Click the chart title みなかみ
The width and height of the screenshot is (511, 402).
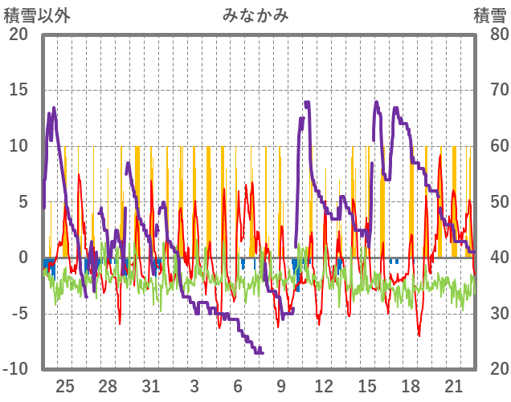tap(255, 14)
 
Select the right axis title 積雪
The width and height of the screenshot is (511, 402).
tap(489, 14)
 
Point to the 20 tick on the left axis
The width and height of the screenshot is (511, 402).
tap(18, 35)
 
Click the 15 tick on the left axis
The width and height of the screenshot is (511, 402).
tap(18, 90)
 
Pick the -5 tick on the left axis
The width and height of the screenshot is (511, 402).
tap(18, 314)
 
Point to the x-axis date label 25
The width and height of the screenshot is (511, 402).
tap(65, 385)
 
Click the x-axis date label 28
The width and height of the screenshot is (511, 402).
tap(108, 385)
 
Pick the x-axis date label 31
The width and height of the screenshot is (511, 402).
tap(152, 385)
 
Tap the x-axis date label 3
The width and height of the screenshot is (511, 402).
tap(195, 385)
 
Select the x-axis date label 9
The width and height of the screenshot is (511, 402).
tap(281, 385)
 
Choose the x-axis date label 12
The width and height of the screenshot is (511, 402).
tap(325, 385)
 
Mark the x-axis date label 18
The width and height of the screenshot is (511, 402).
tap(411, 385)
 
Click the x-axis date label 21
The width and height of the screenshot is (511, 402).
tap(454, 385)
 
